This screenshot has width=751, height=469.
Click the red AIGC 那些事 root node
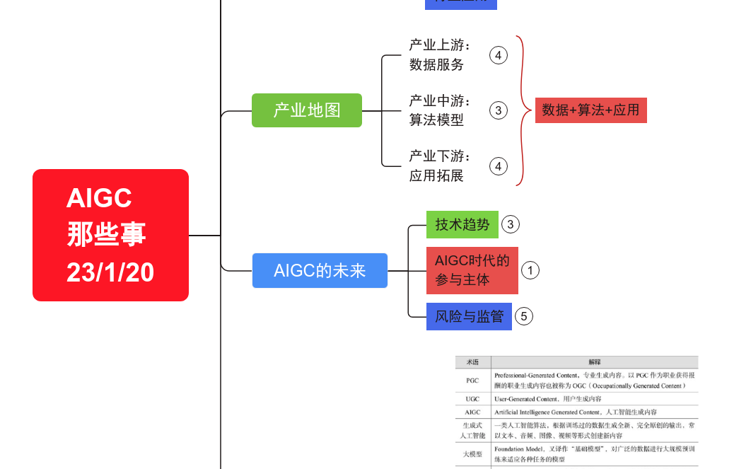tap(110, 235)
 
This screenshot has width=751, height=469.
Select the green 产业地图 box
tap(307, 110)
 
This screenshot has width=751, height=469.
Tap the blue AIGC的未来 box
tap(320, 270)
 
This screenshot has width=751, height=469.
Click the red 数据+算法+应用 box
tap(590, 110)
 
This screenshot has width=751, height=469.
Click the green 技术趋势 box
tap(462, 224)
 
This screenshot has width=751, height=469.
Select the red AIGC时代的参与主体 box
tap(472, 270)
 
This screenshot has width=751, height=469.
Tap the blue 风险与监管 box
tap(469, 316)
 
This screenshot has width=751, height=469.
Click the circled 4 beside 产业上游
tap(499, 55)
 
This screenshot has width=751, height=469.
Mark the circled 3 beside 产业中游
tap(499, 110)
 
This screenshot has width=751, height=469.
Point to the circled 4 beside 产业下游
tap(499, 166)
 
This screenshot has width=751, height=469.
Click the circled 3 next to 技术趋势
tap(510, 225)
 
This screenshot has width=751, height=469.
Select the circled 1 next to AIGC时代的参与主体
tap(530, 270)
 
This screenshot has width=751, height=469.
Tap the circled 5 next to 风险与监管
tap(523, 316)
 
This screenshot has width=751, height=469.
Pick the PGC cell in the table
tap(472, 381)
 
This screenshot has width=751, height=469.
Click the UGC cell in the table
tap(472, 399)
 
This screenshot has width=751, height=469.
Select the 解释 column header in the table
tap(594, 361)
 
